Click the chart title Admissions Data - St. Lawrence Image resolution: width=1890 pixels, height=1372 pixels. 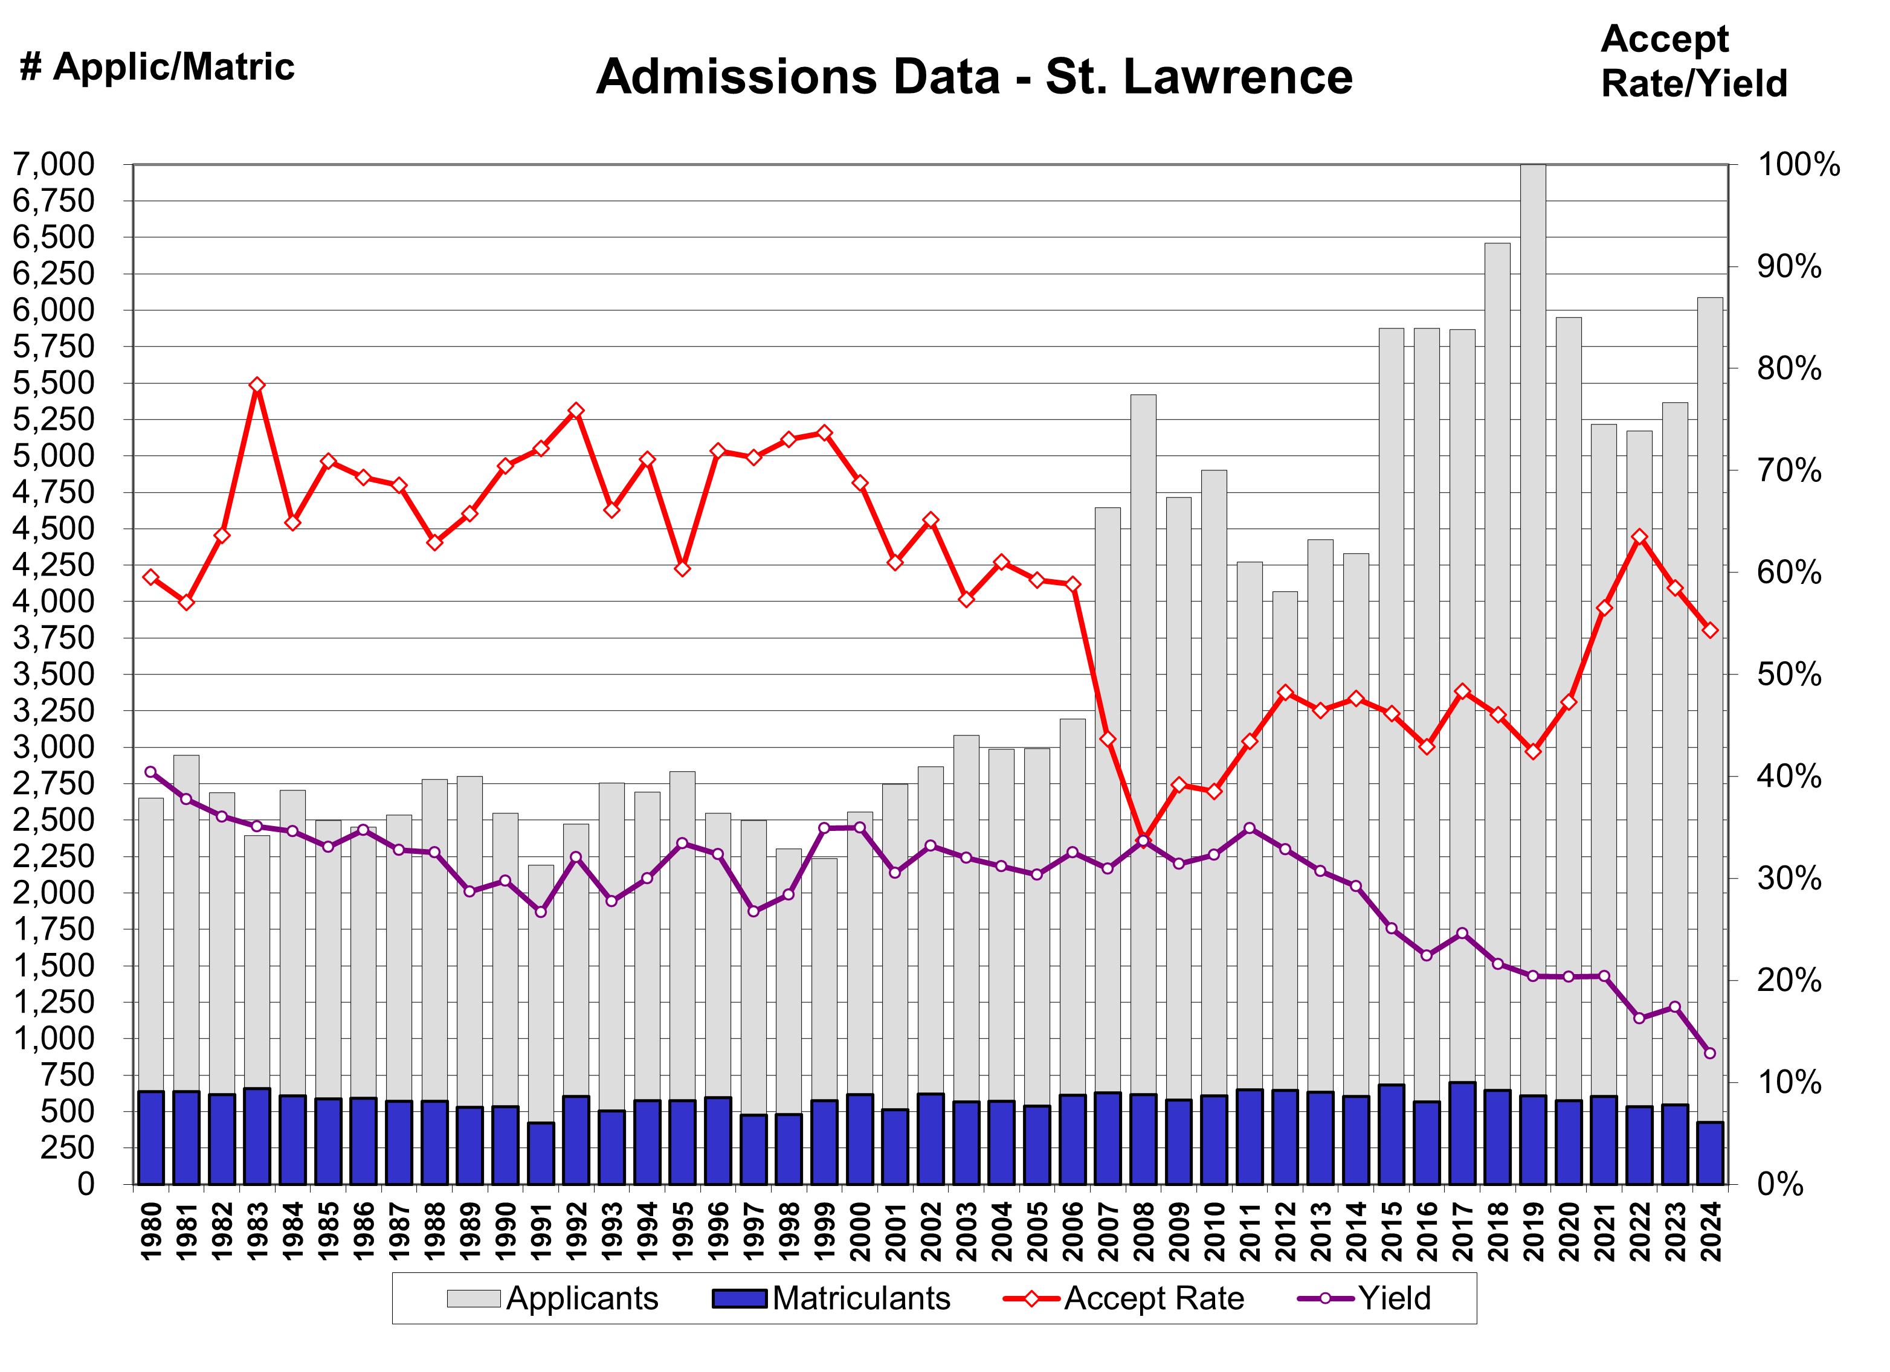973,77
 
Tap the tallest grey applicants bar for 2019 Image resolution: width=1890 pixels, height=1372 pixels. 1532,583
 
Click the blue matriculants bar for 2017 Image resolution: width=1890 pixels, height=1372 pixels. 1462,1133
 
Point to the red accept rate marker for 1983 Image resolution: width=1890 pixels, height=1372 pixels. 257,385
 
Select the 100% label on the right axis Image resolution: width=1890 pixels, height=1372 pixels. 1798,164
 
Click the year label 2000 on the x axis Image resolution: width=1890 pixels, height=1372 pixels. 860,1231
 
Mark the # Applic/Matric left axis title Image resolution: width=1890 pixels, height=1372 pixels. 156,66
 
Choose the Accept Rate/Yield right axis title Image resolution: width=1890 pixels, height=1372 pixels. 1694,62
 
